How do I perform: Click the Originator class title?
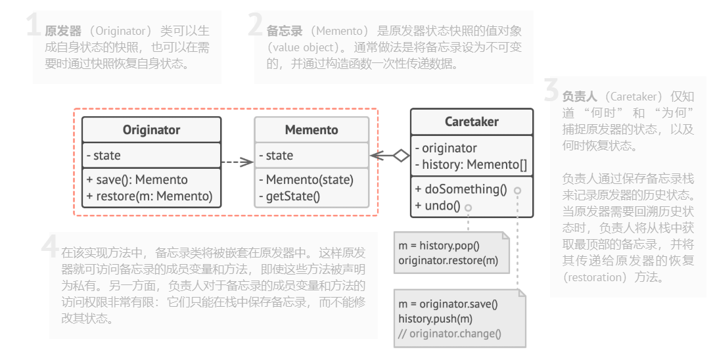point(151,130)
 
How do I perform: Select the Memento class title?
point(311,130)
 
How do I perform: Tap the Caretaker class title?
point(471,122)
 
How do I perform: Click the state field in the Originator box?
point(103,156)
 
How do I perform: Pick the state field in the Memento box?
point(276,156)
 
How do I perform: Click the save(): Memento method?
point(137,179)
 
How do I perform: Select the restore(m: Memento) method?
point(149,196)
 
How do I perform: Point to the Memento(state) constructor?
point(306,179)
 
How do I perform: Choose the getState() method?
point(289,196)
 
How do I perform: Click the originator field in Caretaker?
point(446,148)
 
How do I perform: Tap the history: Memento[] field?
point(471,165)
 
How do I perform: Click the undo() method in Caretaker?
point(438,206)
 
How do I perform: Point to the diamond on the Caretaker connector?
point(400,156)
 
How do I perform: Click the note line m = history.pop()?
point(439,246)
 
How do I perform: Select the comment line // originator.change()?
point(449,333)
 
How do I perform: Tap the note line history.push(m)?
point(435,319)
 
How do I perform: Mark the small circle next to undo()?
point(468,207)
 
